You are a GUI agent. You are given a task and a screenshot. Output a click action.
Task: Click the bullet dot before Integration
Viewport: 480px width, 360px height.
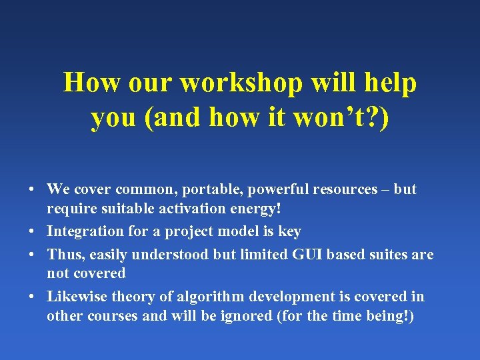[32, 232]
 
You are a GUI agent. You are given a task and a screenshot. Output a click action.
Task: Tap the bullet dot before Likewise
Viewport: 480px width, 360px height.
[32, 297]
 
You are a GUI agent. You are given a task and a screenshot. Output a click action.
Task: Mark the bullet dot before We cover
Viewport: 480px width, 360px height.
[32, 190]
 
